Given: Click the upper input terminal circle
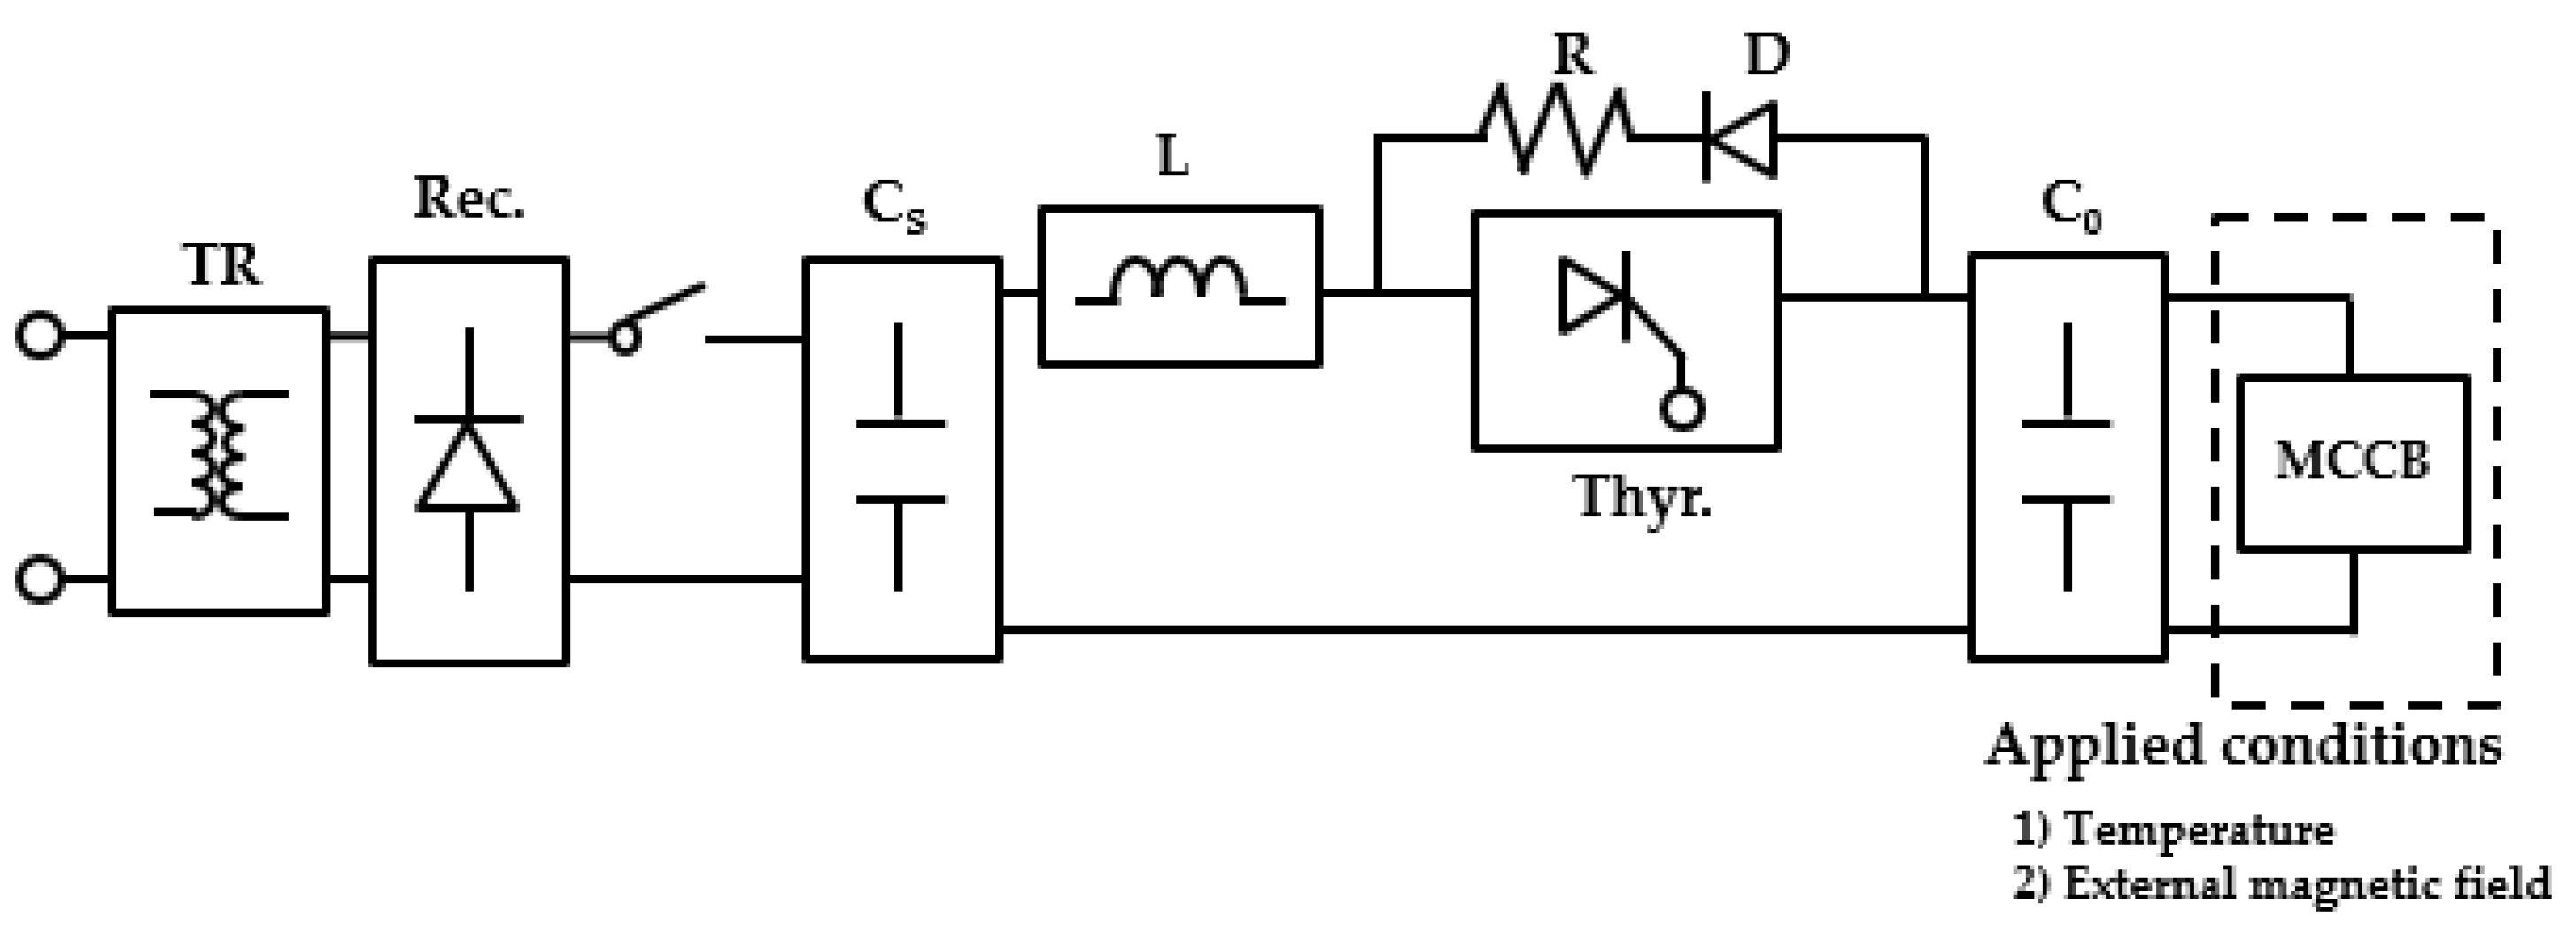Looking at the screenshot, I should tap(40, 336).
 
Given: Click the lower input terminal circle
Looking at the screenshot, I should tap(40, 579).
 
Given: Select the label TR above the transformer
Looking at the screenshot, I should tap(222, 266).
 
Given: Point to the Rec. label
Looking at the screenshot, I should tap(468, 198).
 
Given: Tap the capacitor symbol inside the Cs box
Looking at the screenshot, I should tap(900, 459).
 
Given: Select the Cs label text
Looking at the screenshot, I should tap(893, 207).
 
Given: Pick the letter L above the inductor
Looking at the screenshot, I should tap(1174, 158).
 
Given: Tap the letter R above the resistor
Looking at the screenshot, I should tap(1573, 55).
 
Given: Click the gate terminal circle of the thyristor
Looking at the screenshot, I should tap(1682, 409).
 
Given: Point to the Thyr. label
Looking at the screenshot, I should tap(1643, 497).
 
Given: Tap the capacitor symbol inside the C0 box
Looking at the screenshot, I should tap(2066, 459).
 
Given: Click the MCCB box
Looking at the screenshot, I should tap(2352, 461).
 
